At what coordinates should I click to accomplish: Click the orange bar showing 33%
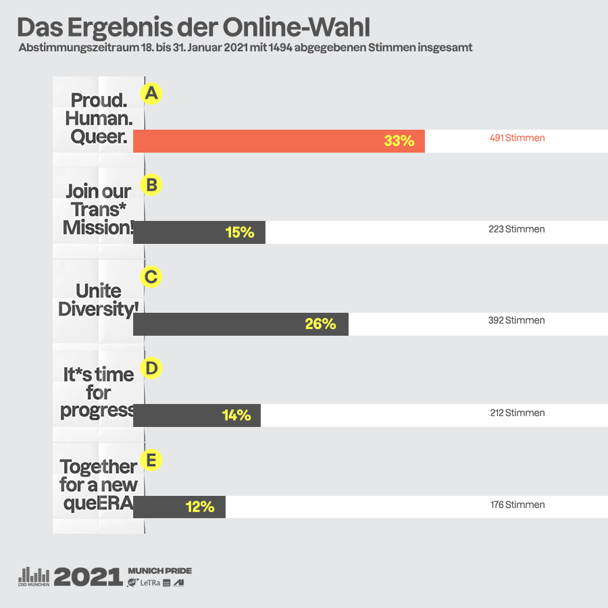coord(278,141)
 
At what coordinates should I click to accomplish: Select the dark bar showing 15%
coord(199,232)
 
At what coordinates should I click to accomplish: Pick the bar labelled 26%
coord(240,324)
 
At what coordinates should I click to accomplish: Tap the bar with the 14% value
coord(197,415)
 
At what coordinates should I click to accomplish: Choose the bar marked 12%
coord(179,507)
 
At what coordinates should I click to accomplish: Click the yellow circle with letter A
coord(151,93)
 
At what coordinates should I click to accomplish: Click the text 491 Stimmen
coord(517,138)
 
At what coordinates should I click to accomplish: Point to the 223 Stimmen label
coord(516,229)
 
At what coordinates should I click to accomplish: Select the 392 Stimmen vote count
coord(516,320)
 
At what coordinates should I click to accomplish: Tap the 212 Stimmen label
coord(517,413)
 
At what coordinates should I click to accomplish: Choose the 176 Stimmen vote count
coord(517,505)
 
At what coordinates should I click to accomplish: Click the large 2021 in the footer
coord(88,576)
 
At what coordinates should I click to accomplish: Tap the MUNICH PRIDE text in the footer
coord(159,571)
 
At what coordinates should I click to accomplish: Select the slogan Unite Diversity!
coord(99,300)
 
